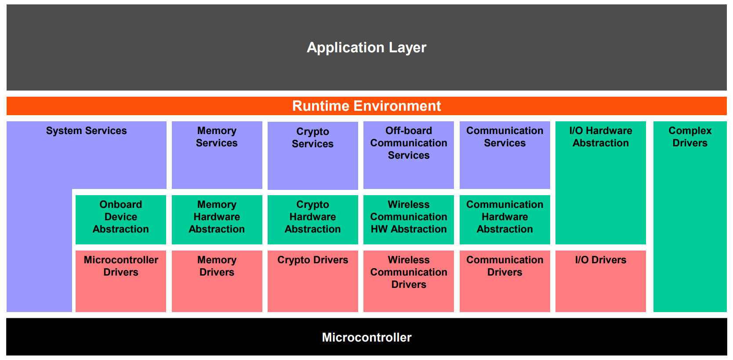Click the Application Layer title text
(x=366, y=48)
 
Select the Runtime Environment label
(x=366, y=106)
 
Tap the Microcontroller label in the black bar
(x=366, y=338)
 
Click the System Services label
(x=87, y=131)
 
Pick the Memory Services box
(x=217, y=155)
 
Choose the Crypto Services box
(x=313, y=156)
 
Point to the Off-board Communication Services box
(x=409, y=155)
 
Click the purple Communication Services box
(x=505, y=155)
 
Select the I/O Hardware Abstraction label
(x=601, y=137)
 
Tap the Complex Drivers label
(x=690, y=137)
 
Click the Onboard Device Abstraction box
(x=121, y=220)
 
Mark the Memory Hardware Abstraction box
(x=217, y=220)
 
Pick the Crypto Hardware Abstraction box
(x=313, y=220)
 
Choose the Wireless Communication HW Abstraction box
(x=409, y=220)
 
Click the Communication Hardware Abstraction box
(x=505, y=220)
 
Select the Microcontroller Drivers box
(x=121, y=281)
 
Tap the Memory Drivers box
(x=217, y=281)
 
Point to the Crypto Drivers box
(x=313, y=281)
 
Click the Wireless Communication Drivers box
(x=409, y=281)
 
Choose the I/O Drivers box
(x=601, y=281)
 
